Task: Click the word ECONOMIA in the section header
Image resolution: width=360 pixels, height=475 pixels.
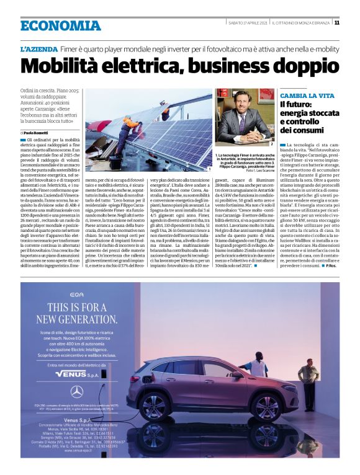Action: pyautogui.click(x=60, y=25)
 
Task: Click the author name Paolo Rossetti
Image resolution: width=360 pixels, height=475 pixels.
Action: pyautogui.click(x=38, y=133)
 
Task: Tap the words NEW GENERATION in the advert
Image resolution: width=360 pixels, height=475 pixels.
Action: pyautogui.click(x=76, y=319)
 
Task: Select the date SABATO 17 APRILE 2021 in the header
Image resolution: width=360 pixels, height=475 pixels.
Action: pyautogui.click(x=248, y=23)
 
